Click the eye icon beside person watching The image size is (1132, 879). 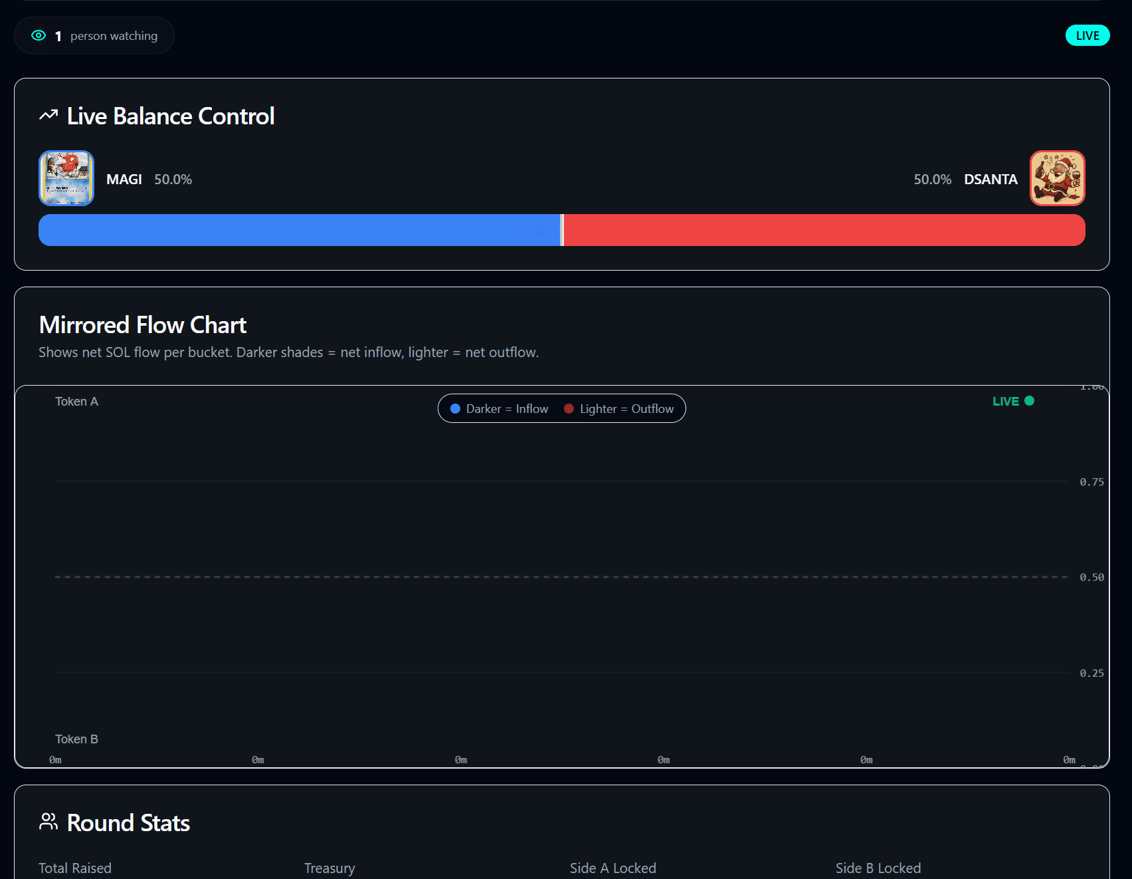tap(39, 36)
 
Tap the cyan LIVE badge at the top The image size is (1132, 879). tap(1087, 36)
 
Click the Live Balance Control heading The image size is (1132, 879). tap(171, 116)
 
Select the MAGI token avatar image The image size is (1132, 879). tap(66, 178)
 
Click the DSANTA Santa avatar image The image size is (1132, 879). tap(1057, 178)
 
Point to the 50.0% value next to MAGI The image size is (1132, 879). tap(173, 180)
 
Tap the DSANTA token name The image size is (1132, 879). tap(991, 180)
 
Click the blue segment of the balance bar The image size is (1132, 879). tap(299, 230)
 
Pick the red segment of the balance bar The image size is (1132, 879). tap(824, 230)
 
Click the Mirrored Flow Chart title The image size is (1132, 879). tap(143, 325)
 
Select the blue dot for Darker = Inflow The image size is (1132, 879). tap(456, 409)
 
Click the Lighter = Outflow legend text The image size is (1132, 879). tap(626, 409)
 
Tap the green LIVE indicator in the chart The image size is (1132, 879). tap(1012, 401)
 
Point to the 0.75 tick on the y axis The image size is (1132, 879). tap(1091, 482)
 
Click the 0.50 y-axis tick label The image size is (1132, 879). tap(1091, 577)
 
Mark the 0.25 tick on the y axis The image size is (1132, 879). tap(1091, 673)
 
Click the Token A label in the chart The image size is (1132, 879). tap(76, 402)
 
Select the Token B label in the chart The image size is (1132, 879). tap(76, 739)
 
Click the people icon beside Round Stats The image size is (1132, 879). tap(48, 822)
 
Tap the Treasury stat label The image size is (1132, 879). tap(330, 868)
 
